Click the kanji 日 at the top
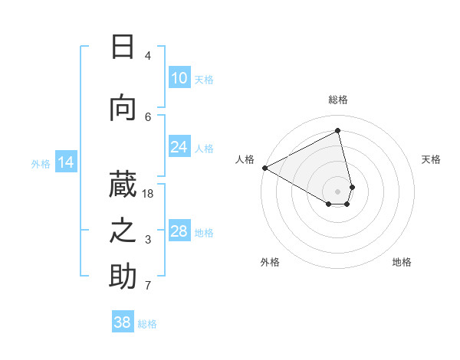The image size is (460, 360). (123, 47)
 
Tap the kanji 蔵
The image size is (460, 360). (123, 183)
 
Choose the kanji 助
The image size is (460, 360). (123, 277)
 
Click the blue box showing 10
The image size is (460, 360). (179, 78)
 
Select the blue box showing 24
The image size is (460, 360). (179, 147)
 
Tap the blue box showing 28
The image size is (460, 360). (179, 232)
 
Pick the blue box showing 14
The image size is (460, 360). (66, 162)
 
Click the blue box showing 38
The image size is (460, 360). (123, 323)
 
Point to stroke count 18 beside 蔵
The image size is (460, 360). (148, 194)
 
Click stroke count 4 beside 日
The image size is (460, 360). (148, 56)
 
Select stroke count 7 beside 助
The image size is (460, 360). (148, 286)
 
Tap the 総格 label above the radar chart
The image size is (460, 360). (338, 100)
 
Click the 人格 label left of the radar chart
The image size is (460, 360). (245, 159)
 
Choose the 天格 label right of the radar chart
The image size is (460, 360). (432, 159)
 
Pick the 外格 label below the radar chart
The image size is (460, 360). (270, 262)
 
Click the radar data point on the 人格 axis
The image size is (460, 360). (264, 168)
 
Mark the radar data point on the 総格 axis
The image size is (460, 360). (338, 130)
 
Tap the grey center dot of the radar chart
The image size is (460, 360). (338, 191)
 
